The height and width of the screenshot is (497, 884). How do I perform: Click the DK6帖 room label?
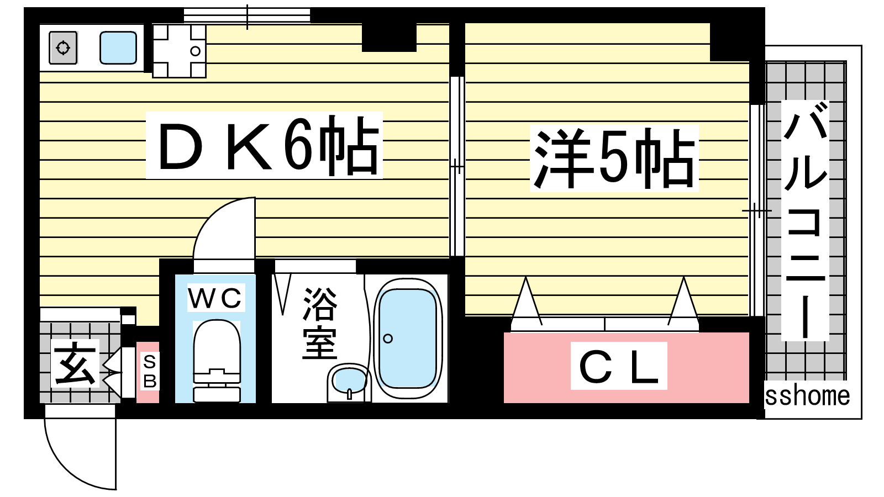(x=264, y=145)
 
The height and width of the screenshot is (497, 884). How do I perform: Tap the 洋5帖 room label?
(x=614, y=158)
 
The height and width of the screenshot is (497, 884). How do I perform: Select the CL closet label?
(x=618, y=366)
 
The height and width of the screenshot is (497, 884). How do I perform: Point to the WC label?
(x=215, y=298)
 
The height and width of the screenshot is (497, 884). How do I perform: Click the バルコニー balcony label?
(x=805, y=221)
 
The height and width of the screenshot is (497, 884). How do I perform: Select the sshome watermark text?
(x=807, y=396)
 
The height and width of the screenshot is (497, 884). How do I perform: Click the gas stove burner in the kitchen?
(x=63, y=48)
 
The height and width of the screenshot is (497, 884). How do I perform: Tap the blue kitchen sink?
(x=118, y=47)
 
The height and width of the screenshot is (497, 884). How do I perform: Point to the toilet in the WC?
(x=217, y=359)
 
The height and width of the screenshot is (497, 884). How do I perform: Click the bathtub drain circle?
(x=388, y=339)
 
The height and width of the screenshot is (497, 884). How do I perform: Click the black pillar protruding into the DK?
(x=389, y=38)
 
